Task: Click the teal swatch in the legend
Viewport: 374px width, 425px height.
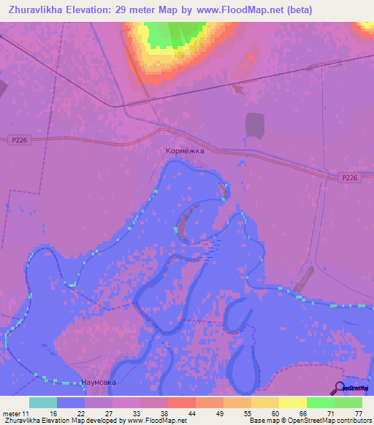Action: point(43,402)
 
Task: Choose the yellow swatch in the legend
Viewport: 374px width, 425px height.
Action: point(292,402)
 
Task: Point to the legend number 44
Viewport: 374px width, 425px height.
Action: point(180,413)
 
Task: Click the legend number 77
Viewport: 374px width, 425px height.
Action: point(359,413)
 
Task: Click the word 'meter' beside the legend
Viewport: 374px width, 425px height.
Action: point(12,413)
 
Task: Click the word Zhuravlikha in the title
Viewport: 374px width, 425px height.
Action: point(34,10)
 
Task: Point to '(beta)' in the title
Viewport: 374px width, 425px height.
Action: point(298,10)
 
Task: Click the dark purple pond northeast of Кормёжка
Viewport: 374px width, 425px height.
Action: point(255,125)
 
